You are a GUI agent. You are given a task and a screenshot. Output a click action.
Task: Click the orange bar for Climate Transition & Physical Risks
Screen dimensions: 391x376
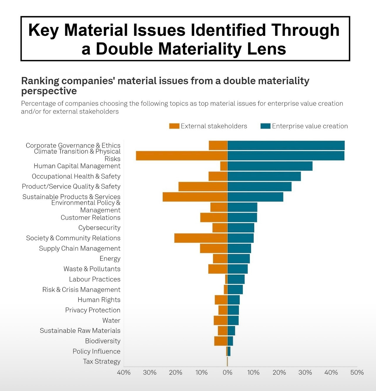tap(182, 156)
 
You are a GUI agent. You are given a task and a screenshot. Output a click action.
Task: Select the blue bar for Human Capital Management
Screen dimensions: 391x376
tap(270, 166)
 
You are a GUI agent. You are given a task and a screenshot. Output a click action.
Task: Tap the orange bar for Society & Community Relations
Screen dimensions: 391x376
tap(201, 238)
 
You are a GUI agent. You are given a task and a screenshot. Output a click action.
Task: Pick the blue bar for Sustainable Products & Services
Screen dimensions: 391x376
tap(255, 197)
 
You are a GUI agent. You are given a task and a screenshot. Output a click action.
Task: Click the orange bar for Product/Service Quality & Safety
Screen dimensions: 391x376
tap(203, 187)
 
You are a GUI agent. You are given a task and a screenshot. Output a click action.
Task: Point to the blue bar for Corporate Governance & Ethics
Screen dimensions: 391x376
tap(286, 145)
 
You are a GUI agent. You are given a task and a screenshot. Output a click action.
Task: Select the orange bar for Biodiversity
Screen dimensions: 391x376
tap(221, 341)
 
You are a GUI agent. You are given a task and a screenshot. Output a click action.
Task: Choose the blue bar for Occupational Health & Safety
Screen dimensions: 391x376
tap(264, 176)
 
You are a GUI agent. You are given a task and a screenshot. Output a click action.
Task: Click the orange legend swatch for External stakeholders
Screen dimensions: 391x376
tap(174, 126)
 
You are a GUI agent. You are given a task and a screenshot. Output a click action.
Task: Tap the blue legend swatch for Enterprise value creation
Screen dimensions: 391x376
tap(265, 126)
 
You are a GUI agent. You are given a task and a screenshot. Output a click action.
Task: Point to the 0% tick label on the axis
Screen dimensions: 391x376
tap(227, 372)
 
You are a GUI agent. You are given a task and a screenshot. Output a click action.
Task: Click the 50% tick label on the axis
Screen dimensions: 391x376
tap(357, 372)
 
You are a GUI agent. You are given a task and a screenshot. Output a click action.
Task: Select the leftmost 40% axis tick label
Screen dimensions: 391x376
tap(124, 372)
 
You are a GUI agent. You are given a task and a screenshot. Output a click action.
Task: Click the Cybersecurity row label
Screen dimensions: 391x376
tap(99, 228)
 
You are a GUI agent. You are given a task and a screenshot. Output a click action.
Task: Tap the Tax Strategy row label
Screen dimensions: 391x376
tap(102, 361)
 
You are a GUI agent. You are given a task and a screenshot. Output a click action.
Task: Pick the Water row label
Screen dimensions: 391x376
tap(111, 320)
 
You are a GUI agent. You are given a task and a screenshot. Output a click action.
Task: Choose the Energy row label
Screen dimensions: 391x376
tap(110, 259)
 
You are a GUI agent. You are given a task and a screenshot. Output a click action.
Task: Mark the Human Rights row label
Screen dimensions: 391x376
tap(99, 300)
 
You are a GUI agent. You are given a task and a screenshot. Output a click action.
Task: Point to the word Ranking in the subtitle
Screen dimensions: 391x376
tap(40, 81)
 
